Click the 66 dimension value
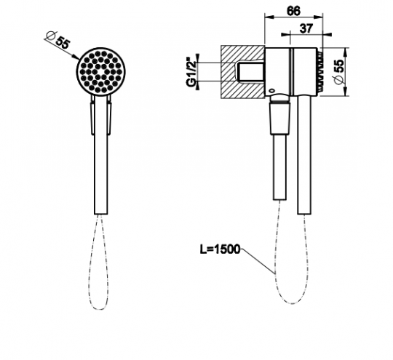293,11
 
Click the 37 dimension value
306,28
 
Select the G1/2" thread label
191,72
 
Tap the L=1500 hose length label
220,249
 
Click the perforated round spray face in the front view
101,71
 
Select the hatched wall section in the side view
242,72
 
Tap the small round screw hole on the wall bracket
271,90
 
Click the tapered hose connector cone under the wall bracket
279,119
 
